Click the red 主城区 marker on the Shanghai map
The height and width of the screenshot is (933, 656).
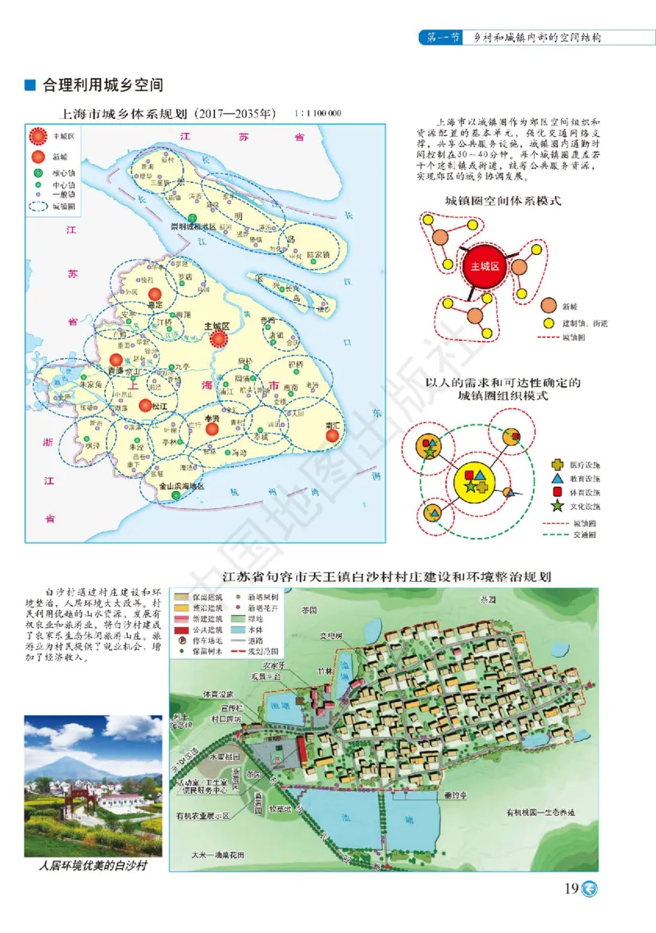[x=218, y=338]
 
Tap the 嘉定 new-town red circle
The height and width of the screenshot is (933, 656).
[x=153, y=294]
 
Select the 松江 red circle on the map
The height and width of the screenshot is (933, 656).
[x=145, y=404]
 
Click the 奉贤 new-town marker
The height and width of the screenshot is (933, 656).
[x=212, y=427]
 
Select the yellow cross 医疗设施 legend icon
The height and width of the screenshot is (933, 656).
[x=558, y=464]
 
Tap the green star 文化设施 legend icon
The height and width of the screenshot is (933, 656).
[x=558, y=506]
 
